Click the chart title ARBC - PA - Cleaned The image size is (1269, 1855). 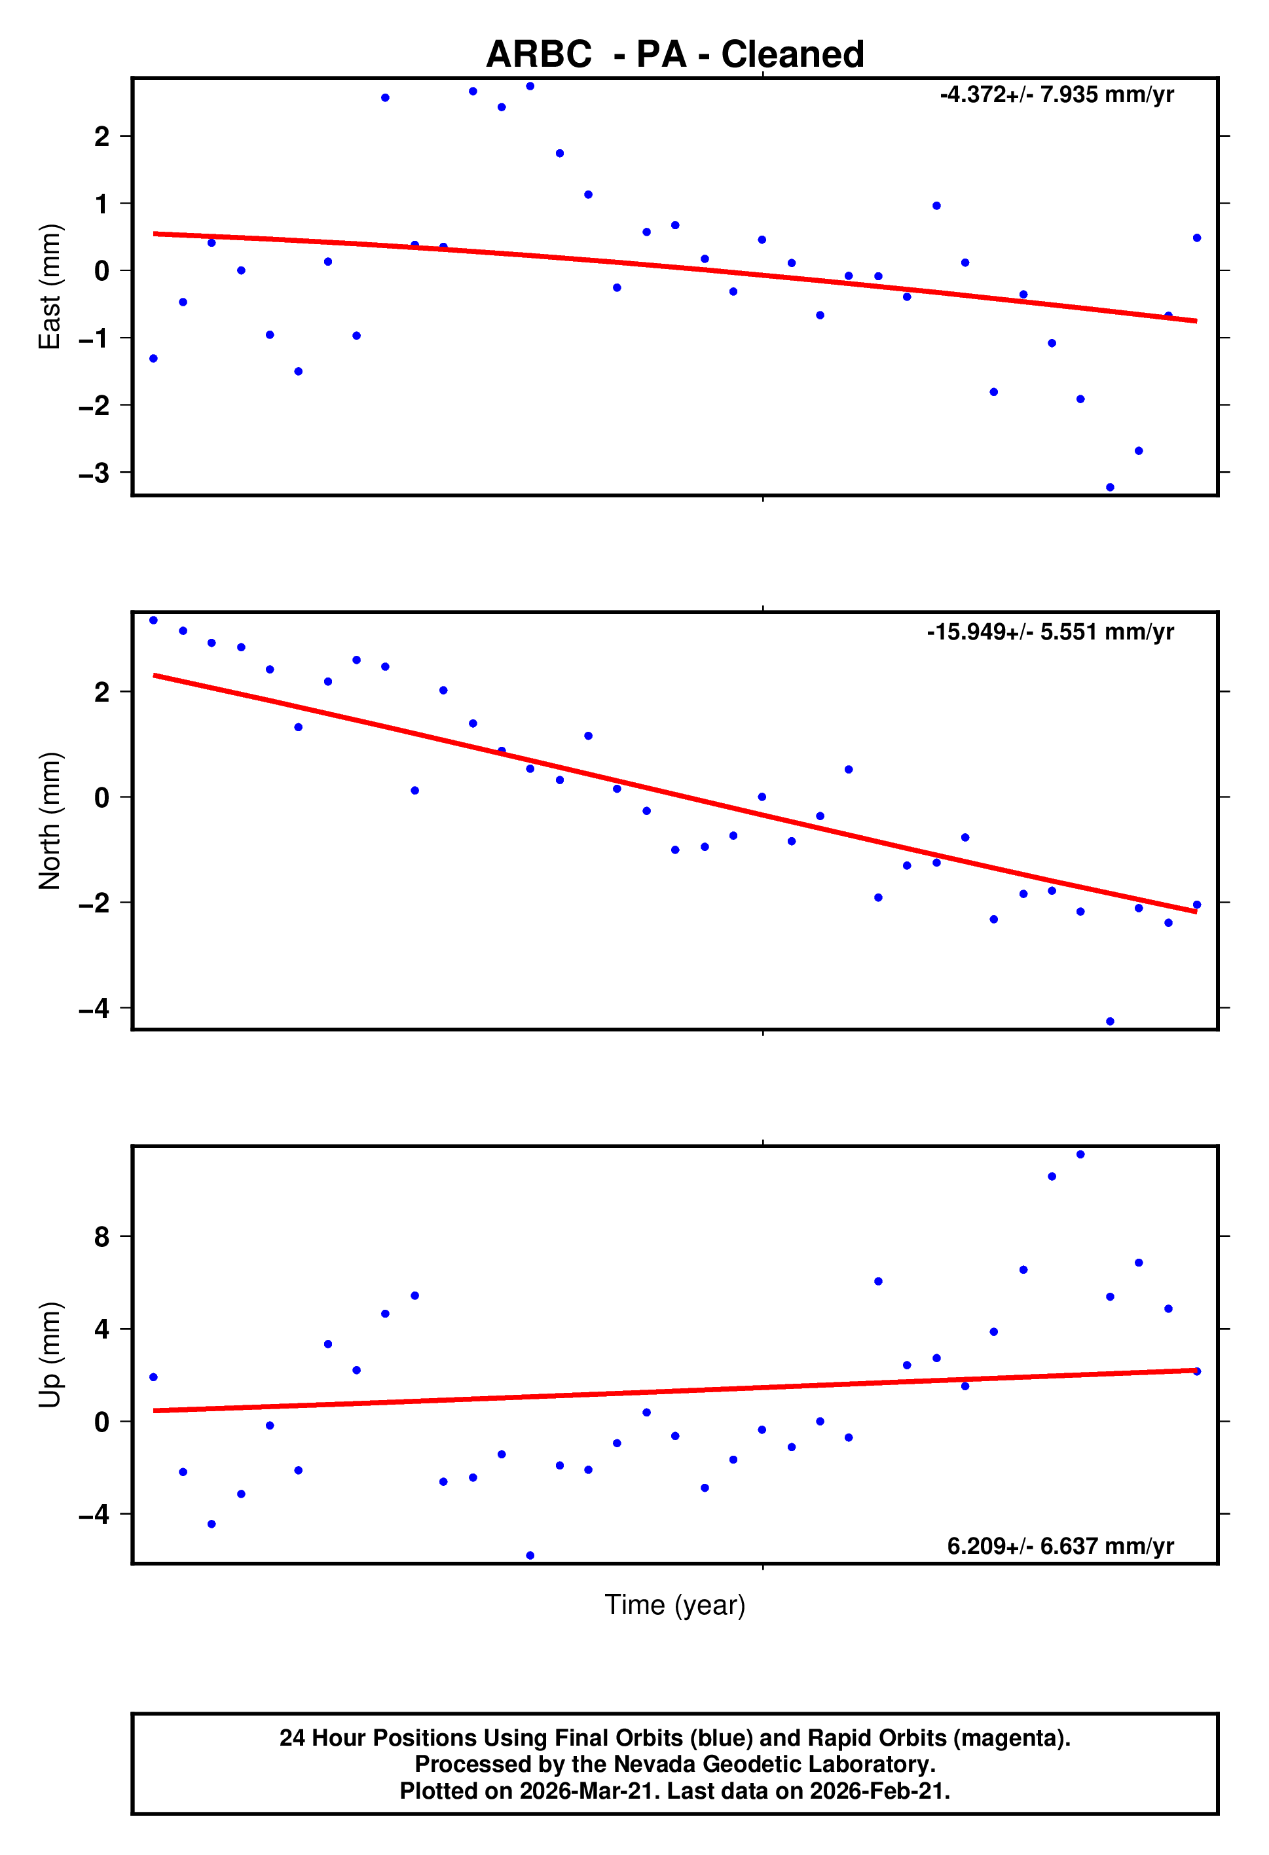675,54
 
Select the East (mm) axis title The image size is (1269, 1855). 50,287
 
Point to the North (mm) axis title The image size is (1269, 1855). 50,821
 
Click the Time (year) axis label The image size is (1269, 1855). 675,1604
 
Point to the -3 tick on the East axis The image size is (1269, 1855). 94,473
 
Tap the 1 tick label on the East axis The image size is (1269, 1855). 101,204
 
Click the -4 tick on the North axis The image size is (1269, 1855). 94,1009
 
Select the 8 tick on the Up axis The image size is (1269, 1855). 101,1237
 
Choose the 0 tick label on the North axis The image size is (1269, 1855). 101,797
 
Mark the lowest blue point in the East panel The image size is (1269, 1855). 1109,487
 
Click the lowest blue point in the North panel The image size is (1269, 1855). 1109,1022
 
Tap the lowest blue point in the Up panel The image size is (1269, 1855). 530,1556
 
